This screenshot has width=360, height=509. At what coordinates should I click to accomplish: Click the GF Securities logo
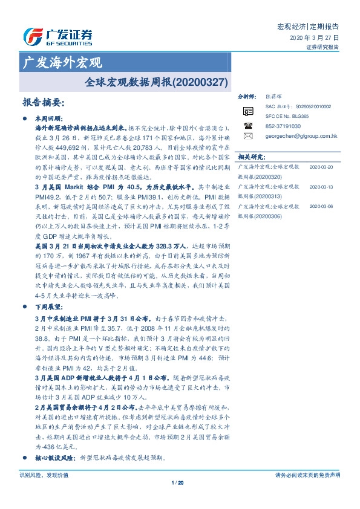[x=57, y=37]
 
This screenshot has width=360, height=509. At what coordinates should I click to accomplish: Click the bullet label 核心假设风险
[x=56, y=458]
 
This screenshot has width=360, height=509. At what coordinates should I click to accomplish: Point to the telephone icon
[x=247, y=126]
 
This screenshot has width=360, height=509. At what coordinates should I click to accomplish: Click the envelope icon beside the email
[x=247, y=137]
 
